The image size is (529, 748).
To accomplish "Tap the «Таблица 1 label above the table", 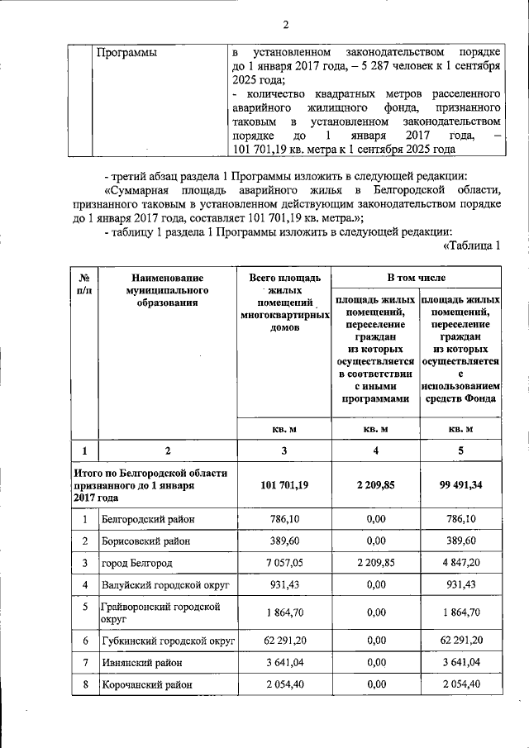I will tap(474, 245).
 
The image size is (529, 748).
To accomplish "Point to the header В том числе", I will tap(417, 279).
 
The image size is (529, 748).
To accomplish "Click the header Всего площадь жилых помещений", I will tap(284, 303).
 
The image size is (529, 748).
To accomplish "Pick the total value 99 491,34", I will tap(460, 485).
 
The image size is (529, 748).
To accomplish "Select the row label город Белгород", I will tap(138, 564).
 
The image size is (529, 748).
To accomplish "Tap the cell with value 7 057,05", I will tap(284, 564).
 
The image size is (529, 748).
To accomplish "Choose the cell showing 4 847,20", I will tap(460, 564).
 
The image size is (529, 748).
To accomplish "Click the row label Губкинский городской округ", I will tap(164, 640).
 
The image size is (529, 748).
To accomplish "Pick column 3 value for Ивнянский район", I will tap(284, 663).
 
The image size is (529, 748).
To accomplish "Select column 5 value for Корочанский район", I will tap(460, 685).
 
